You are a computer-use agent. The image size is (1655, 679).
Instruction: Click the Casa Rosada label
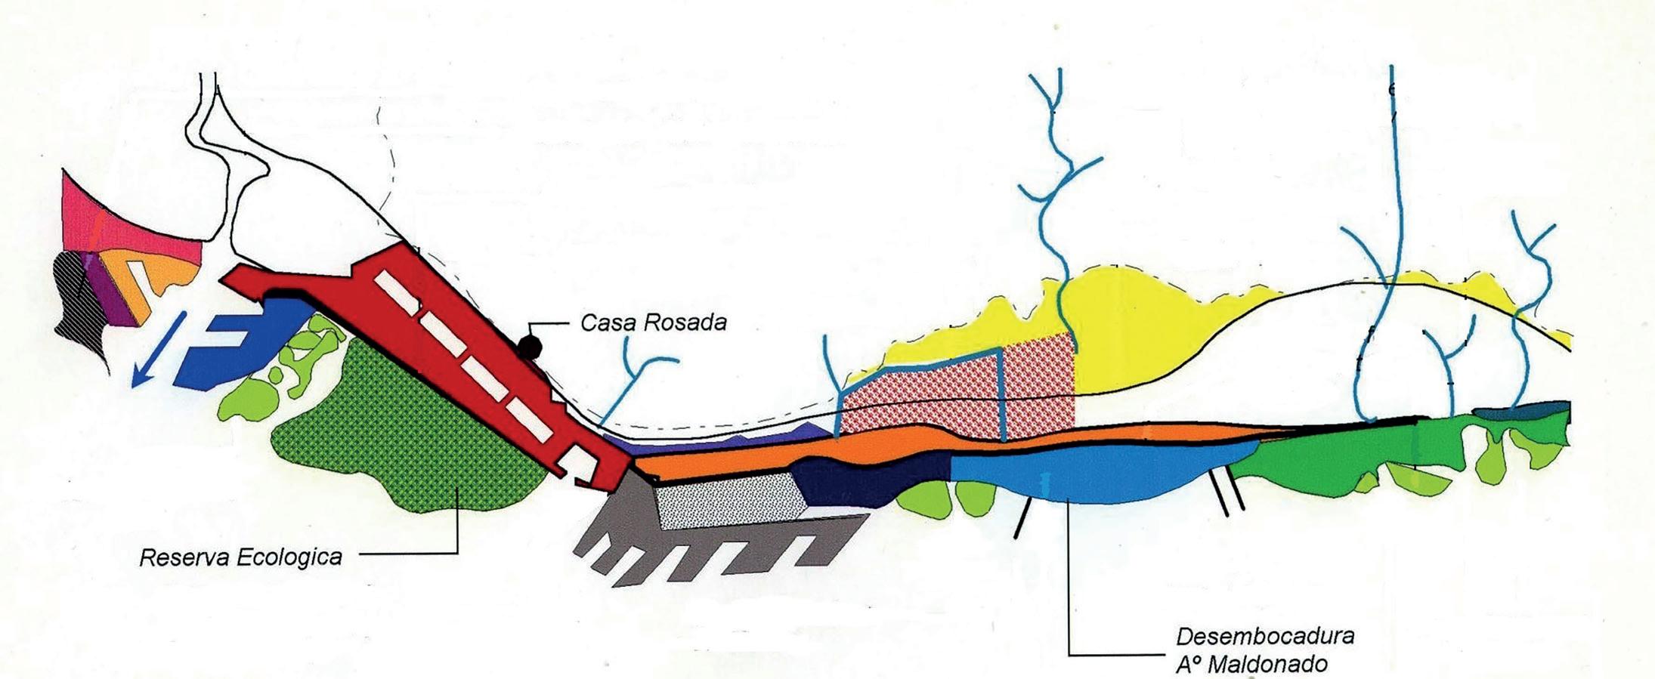[x=653, y=323]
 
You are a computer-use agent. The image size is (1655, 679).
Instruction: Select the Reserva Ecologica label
[x=240, y=557]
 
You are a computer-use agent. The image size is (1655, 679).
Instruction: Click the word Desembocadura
[x=1264, y=635]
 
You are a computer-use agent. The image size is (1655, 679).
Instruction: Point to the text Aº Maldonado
[x=1251, y=664]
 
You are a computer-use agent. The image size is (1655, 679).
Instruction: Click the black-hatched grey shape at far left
[x=79, y=302]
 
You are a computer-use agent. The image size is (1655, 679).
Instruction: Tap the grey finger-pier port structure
[x=718, y=548]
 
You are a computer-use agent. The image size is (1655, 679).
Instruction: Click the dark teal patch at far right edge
[x=1519, y=413]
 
